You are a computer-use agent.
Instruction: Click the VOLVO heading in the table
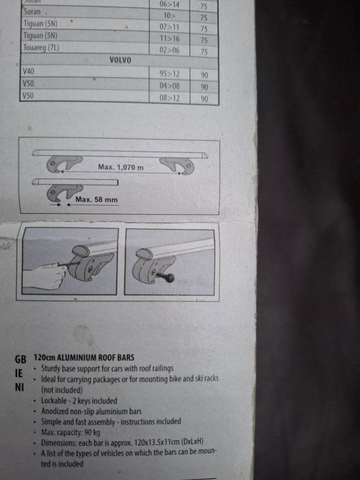[120, 60]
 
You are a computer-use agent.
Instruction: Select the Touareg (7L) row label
[41, 48]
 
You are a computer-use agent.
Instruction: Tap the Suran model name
[32, 12]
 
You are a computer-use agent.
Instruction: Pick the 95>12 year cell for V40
[169, 74]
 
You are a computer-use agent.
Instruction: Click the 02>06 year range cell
[169, 50]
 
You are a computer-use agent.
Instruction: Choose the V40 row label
[29, 72]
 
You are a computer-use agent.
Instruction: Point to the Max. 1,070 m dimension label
[120, 167]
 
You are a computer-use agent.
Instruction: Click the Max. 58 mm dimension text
[97, 200]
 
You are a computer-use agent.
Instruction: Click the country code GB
[21, 359]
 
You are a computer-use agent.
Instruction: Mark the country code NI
[19, 387]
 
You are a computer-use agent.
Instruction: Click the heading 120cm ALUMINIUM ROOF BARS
[84, 357]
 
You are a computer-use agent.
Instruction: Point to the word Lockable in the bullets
[54, 401]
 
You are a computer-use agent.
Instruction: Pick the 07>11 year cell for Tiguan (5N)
[169, 27]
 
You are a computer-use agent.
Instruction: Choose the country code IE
[19, 373]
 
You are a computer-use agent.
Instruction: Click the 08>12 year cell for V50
[169, 98]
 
